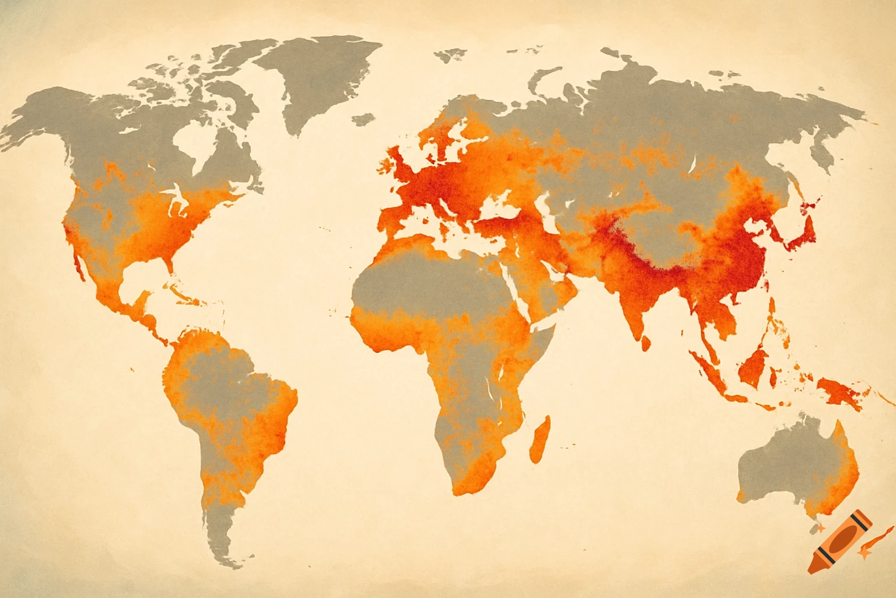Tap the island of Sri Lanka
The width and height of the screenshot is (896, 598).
[646, 343]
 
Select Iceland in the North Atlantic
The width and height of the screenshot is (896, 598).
[363, 119]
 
